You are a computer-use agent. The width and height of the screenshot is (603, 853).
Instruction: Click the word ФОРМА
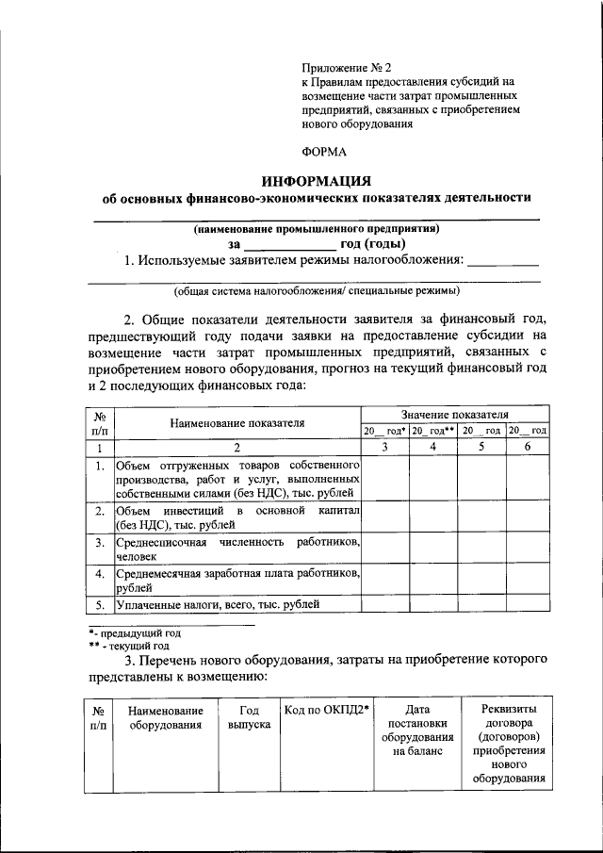pos(324,151)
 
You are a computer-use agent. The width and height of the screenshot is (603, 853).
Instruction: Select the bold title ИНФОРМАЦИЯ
pos(317,180)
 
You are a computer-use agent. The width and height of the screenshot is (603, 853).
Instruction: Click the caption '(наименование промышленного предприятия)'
pos(316,228)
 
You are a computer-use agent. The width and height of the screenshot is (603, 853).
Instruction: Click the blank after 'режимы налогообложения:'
pos(503,261)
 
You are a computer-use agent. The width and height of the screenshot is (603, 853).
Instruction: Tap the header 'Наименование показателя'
pos(237,423)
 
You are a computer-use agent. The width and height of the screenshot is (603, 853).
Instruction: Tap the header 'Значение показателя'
pos(454,414)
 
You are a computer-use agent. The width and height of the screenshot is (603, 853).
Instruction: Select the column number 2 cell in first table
pos(237,447)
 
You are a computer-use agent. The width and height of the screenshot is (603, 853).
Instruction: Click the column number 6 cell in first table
pos(528,447)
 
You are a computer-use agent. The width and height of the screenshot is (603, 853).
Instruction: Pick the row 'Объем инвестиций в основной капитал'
pos(237,517)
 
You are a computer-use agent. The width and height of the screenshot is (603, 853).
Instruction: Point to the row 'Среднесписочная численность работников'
pos(237,550)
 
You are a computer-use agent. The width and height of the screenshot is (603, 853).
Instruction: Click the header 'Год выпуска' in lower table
pos(249,716)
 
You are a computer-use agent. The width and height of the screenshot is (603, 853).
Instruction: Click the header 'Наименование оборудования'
pos(166,716)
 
